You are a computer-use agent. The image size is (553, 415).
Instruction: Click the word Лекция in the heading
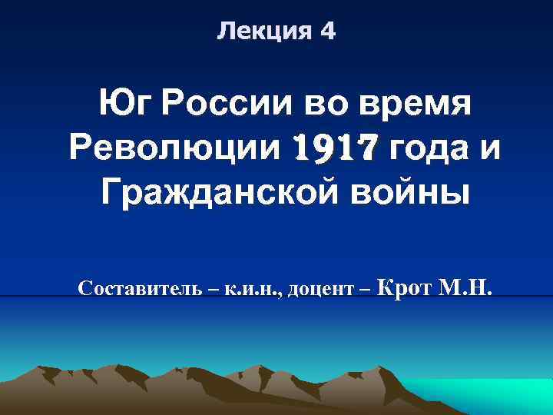(259, 32)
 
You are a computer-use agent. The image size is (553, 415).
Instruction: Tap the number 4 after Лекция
(328, 32)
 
